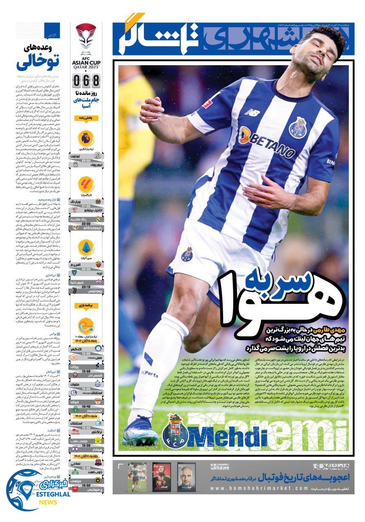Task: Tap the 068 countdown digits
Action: [x=86, y=80]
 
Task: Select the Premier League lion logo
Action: [x=86, y=139]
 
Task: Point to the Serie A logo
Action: [x=86, y=247]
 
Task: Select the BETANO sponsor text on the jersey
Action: [x=267, y=141]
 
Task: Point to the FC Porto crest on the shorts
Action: [x=187, y=254]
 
